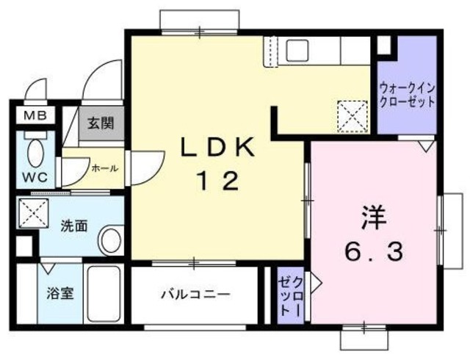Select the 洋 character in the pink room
point(372,218)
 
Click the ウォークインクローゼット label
point(406,95)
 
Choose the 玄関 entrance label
point(95,123)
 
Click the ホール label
point(104,168)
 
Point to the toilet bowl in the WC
point(34,153)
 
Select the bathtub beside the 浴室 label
point(105,294)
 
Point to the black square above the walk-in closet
point(383,45)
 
